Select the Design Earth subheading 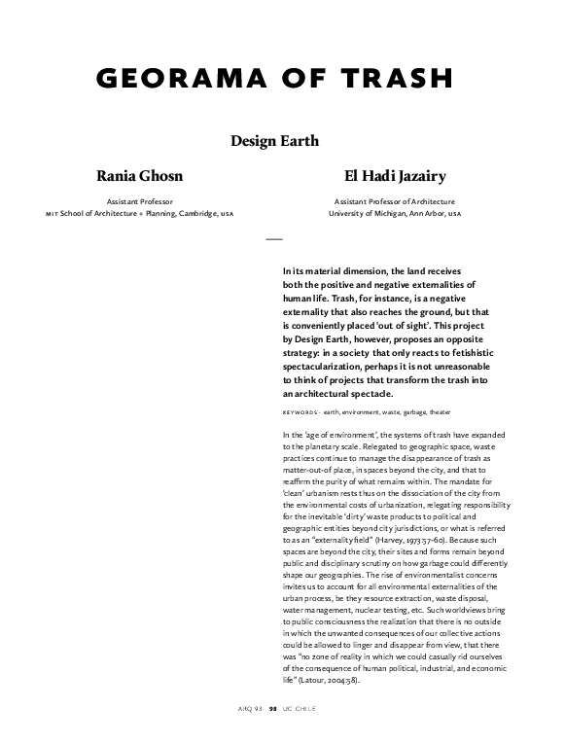tap(274, 141)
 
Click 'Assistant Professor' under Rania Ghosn tap(138, 201)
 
